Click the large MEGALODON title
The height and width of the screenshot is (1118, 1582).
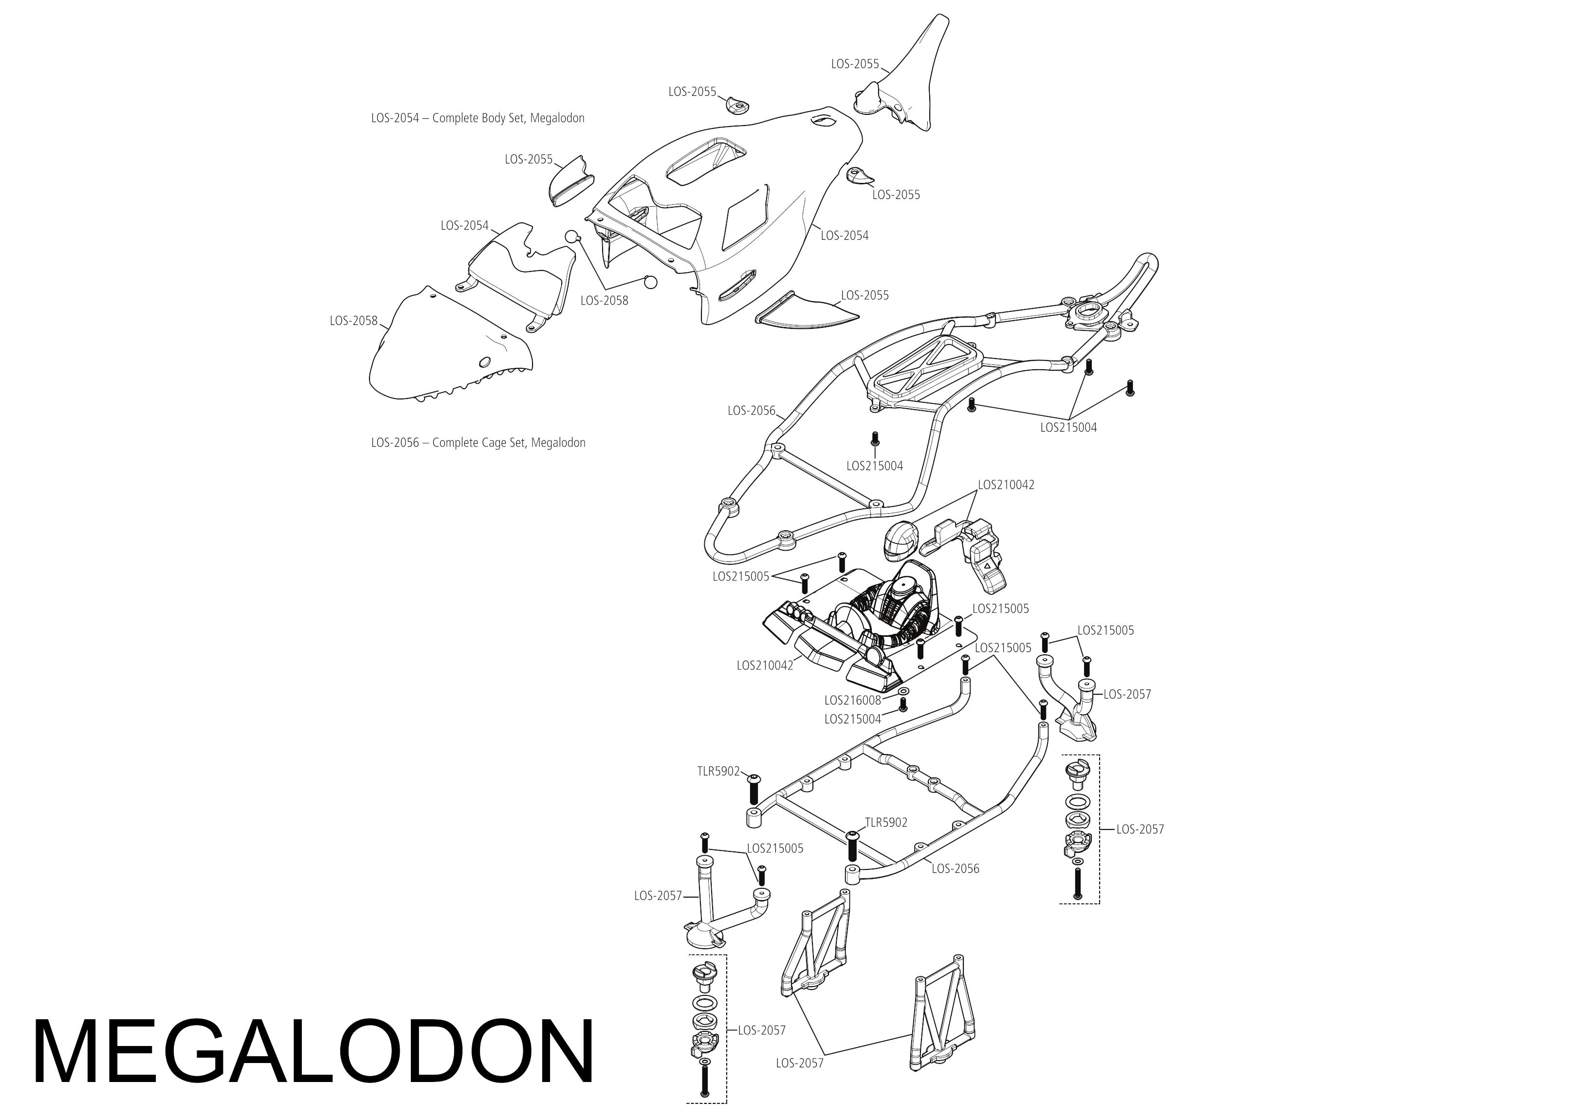click(313, 1052)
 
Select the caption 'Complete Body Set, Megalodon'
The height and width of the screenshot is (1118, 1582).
click(508, 118)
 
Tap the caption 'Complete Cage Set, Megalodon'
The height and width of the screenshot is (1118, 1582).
click(509, 442)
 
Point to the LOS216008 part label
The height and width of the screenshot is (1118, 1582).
click(852, 701)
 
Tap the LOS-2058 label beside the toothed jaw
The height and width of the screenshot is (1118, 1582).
click(353, 320)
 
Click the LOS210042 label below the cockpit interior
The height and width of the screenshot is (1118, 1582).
click(764, 666)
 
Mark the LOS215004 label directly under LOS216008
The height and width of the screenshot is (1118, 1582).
click(852, 719)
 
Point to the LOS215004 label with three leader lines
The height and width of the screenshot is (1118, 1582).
click(1068, 427)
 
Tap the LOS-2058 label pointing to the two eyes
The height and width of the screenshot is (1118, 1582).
click(604, 300)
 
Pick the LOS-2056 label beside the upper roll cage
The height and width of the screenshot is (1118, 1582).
click(751, 411)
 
